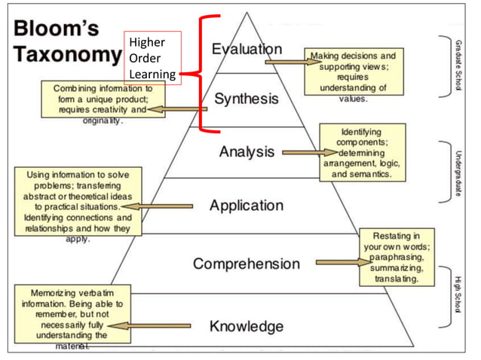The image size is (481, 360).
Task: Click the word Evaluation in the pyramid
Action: pyautogui.click(x=247, y=50)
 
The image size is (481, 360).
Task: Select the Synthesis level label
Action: pyautogui.click(x=246, y=99)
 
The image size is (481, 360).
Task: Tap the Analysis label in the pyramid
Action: pyautogui.click(x=247, y=151)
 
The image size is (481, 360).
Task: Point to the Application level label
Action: pyautogui.click(x=246, y=206)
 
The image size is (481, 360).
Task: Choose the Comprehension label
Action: pyautogui.click(x=246, y=264)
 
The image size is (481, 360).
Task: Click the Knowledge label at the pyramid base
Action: pyautogui.click(x=247, y=326)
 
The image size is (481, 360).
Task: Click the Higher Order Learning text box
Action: pyautogui.click(x=152, y=58)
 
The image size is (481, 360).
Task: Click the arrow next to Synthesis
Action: pyautogui.click(x=175, y=110)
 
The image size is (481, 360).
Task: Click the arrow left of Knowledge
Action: pyautogui.click(x=149, y=326)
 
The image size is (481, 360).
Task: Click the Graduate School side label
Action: pyautogui.click(x=458, y=65)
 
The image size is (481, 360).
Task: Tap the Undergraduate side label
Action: pyautogui.click(x=458, y=174)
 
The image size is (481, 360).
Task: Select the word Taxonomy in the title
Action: pyautogui.click(x=66, y=55)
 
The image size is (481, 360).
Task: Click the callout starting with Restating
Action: pyautogui.click(x=398, y=257)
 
